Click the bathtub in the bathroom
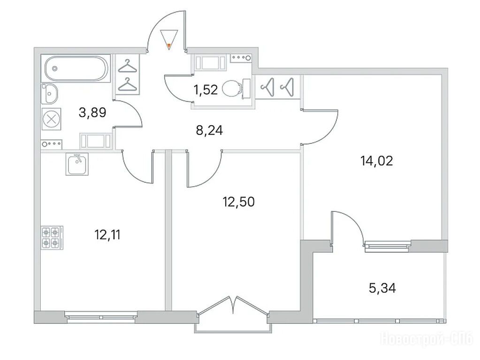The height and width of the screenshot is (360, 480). tap(76, 68)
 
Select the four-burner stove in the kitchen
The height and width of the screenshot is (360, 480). tap(52, 238)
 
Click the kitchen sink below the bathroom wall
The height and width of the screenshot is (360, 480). tap(77, 164)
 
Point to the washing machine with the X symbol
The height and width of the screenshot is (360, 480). tap(51, 119)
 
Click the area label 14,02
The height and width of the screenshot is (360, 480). tap(376, 161)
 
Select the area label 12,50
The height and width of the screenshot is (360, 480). tap(238, 202)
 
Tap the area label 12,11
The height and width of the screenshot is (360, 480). tap(107, 235)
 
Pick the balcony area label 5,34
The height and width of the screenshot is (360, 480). tap(382, 288)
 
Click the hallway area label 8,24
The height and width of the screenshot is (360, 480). tap(209, 131)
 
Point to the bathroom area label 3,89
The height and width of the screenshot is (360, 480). tap(92, 112)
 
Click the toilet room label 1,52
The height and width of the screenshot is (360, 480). tap(206, 90)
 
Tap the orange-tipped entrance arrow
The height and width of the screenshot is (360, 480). tap(169, 40)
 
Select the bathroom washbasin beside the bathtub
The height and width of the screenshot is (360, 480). tap(50, 93)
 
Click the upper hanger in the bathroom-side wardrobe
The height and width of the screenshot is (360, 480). tap(126, 66)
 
